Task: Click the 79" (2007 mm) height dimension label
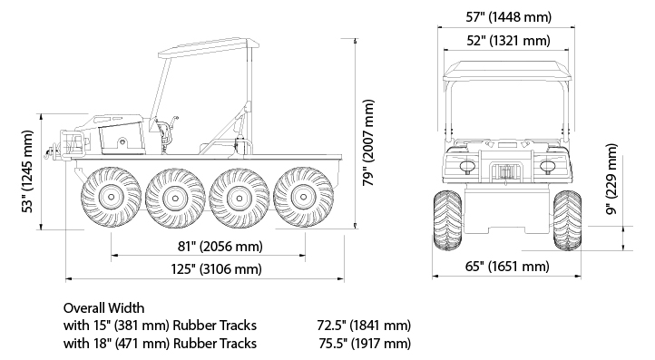368,143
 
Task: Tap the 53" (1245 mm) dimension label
27,171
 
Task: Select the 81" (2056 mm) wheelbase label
220,247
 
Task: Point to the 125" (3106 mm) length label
217,268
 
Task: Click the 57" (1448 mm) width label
509,17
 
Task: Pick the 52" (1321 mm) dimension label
508,41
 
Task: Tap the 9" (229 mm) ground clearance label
611,180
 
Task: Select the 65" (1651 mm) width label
507,266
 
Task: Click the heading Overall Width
104,308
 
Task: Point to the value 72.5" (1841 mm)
364,325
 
